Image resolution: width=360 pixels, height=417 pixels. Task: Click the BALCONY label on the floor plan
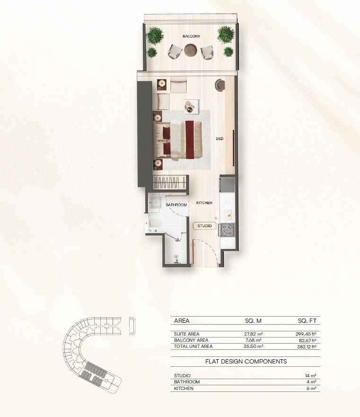(192, 36)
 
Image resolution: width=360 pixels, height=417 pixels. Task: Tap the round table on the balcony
(191, 49)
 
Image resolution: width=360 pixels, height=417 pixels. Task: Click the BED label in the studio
(220, 139)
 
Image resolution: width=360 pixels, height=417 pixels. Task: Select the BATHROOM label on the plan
(176, 205)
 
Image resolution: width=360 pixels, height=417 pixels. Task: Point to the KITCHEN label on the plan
(204, 203)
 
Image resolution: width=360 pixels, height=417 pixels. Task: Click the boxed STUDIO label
(204, 226)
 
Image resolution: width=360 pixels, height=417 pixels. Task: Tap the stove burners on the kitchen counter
(227, 230)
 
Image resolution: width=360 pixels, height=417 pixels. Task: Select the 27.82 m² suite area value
(254, 334)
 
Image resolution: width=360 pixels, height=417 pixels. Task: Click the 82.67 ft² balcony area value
(307, 340)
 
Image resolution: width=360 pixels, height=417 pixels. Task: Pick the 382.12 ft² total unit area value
(306, 346)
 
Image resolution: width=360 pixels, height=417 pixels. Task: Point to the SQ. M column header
(254, 321)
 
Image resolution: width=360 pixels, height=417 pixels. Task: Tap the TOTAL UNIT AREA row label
(193, 346)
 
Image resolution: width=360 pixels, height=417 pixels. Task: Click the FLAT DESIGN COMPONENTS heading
(246, 361)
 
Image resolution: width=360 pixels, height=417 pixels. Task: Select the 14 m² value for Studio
(311, 375)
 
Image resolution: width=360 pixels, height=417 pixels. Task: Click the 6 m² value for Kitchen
(312, 389)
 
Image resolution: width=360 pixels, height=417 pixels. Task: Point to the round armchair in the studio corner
(220, 85)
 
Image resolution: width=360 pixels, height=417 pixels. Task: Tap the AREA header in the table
(182, 321)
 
